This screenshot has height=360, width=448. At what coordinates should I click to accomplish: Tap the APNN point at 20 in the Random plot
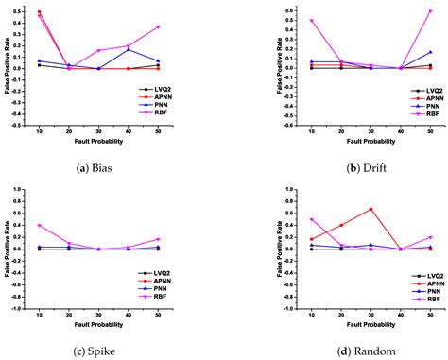(341, 225)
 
